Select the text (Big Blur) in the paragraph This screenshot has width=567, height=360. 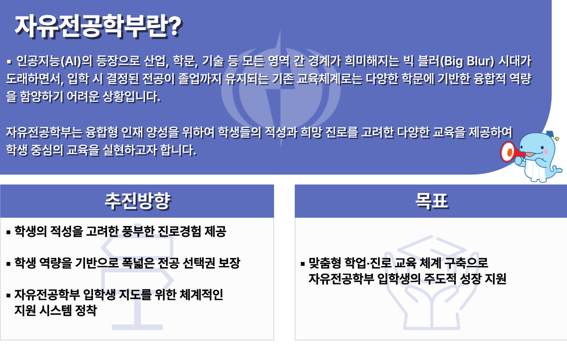[467, 62]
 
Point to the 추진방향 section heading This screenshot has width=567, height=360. [138, 201]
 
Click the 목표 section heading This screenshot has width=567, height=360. [432, 201]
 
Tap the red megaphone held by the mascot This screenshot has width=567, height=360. [511, 152]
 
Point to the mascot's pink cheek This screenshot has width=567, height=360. [546, 151]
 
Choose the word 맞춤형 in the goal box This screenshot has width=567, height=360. [325, 263]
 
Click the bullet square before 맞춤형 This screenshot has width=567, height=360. [303, 264]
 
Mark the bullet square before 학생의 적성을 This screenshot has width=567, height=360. [9, 232]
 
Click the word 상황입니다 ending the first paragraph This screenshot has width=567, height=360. [131, 97]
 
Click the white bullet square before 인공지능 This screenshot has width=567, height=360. [9, 62]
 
